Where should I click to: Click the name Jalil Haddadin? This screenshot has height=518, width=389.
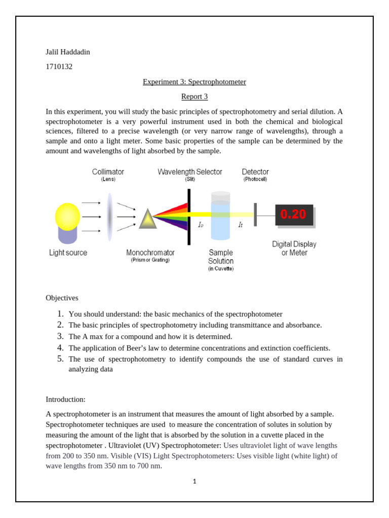point(68,52)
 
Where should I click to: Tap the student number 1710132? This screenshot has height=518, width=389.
point(59,66)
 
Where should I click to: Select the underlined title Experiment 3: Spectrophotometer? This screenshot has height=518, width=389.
point(194,81)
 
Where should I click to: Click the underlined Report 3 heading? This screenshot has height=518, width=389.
point(194,96)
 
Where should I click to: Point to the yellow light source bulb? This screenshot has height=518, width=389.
point(67,217)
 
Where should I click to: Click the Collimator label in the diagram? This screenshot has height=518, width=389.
point(108,172)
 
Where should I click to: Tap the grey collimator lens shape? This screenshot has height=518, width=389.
point(109,217)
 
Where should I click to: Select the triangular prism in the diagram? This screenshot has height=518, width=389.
point(148,218)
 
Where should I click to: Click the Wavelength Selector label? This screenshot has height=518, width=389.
point(190,172)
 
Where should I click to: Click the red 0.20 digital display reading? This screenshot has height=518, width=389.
point(293,214)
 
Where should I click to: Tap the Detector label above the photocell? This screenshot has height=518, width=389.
point(255,172)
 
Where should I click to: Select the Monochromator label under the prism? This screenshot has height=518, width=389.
point(150,252)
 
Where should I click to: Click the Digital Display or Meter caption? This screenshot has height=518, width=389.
point(294,248)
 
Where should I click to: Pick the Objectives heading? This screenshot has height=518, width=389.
point(62,298)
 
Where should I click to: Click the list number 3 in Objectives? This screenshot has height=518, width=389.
point(60,336)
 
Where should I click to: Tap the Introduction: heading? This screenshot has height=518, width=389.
point(66,399)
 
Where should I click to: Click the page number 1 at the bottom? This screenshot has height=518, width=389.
point(194,481)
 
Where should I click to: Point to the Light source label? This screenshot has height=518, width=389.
point(68,252)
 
